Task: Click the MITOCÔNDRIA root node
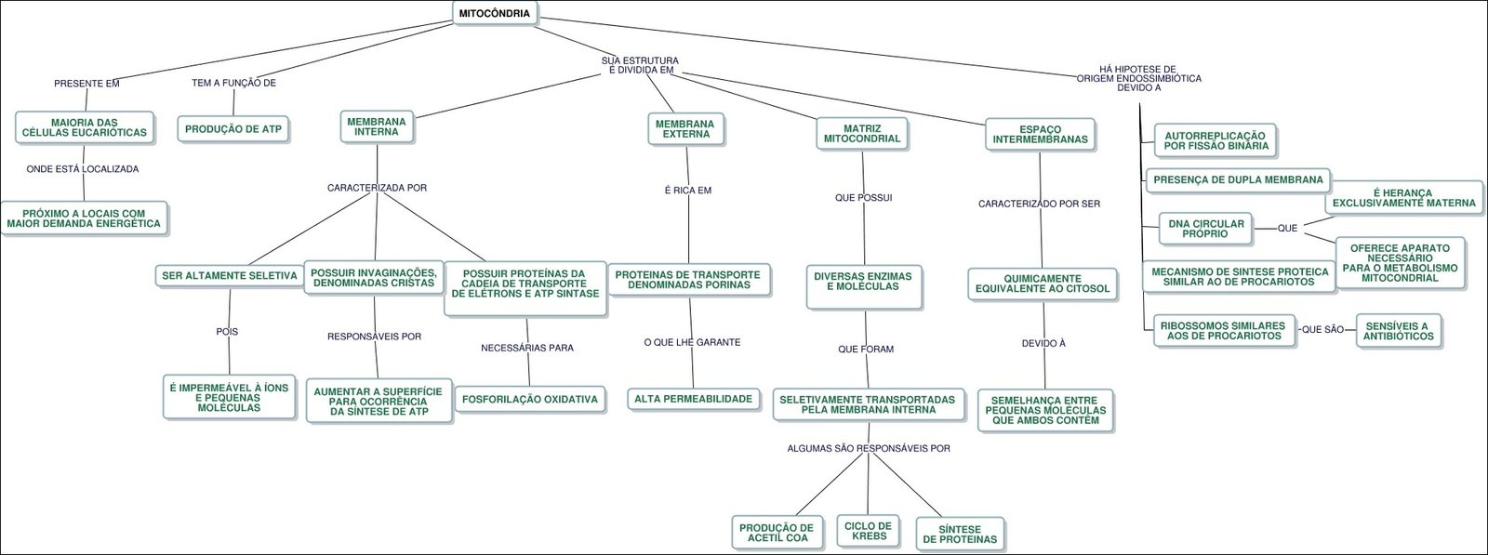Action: pyautogui.click(x=496, y=14)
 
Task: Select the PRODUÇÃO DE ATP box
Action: pyautogui.click(x=234, y=128)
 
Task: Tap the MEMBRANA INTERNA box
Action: pyautogui.click(x=377, y=127)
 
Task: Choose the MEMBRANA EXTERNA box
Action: pyautogui.click(x=685, y=128)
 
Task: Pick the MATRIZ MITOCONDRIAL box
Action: pyautogui.click(x=862, y=133)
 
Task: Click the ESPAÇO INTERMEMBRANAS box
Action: pyautogui.click(x=1041, y=134)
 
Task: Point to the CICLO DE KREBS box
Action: pyautogui.click(x=869, y=531)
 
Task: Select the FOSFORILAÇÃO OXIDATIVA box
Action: pyautogui.click(x=530, y=399)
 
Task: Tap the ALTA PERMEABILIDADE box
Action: pyautogui.click(x=693, y=399)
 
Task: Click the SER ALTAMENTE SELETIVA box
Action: pyautogui.click(x=230, y=275)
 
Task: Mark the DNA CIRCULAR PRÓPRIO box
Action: pyautogui.click(x=1205, y=228)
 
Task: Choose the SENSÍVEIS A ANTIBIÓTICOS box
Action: pyautogui.click(x=1399, y=330)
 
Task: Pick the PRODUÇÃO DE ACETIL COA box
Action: pyautogui.click(x=777, y=533)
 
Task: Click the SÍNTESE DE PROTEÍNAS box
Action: pyautogui.click(x=960, y=534)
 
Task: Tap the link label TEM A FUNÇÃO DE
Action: pyautogui.click(x=234, y=83)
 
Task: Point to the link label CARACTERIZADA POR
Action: pyautogui.click(x=377, y=188)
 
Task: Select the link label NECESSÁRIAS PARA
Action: pyautogui.click(x=527, y=349)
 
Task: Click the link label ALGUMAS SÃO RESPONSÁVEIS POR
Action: pyautogui.click(x=869, y=448)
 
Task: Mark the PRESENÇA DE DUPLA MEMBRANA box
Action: pyautogui.click(x=1238, y=179)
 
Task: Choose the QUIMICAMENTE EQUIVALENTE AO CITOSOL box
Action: pyautogui.click(x=1042, y=284)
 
